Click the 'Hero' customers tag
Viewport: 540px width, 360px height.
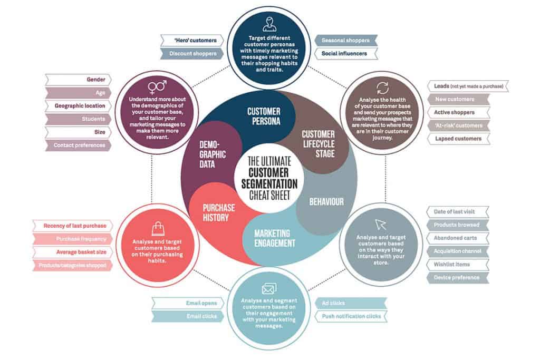coord(191,41)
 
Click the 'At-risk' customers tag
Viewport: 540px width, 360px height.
coord(458,125)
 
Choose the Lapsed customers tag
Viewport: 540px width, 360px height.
coord(458,139)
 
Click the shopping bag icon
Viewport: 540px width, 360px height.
coord(158,228)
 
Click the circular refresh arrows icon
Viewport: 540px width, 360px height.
coord(382,88)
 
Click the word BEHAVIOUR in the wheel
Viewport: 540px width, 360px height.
coord(326,201)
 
